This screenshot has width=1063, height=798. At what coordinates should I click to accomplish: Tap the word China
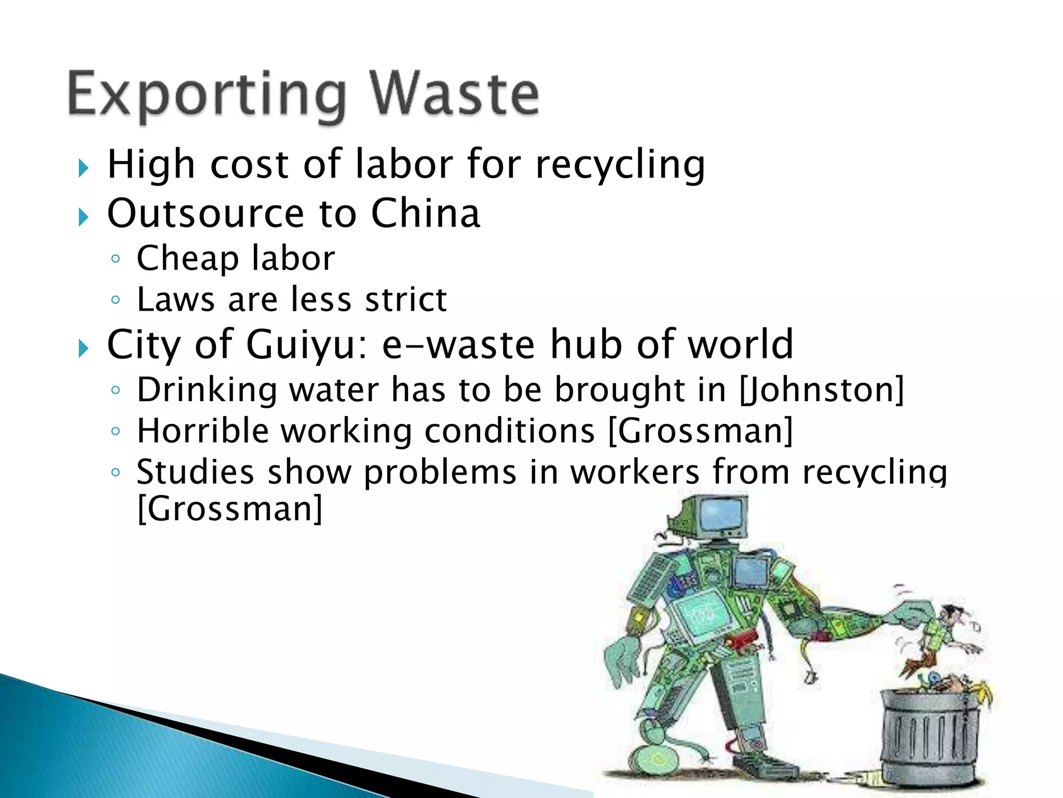(426, 214)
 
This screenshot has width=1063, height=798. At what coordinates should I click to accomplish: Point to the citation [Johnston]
(822, 390)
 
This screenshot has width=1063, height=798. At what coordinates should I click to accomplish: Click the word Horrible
(202, 431)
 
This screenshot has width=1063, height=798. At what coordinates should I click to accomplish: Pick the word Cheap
(187, 258)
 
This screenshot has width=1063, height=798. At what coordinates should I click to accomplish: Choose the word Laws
(175, 300)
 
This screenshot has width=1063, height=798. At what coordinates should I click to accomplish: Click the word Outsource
(206, 214)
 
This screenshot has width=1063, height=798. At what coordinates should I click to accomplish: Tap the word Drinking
(207, 390)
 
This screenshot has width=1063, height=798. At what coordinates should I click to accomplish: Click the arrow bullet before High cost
(83, 168)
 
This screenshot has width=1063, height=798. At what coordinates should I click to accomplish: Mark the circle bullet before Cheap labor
(116, 259)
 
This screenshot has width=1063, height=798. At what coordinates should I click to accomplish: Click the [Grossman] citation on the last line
(229, 509)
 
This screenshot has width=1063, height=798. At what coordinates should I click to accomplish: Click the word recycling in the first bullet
(620, 165)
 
